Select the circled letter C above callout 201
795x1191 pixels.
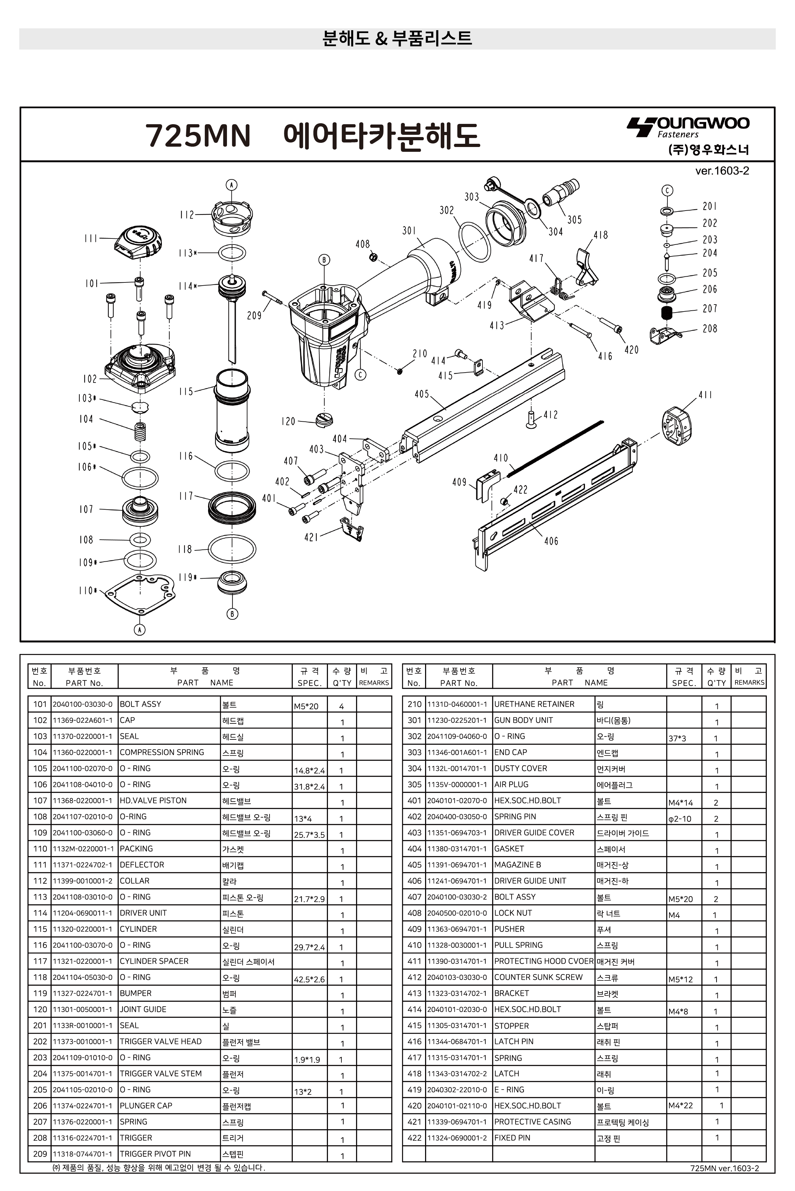(x=667, y=190)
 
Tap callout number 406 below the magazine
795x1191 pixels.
(x=551, y=541)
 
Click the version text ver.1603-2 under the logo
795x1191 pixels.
(x=722, y=171)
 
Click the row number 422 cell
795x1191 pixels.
(x=414, y=1138)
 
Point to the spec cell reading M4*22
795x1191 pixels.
(x=681, y=1105)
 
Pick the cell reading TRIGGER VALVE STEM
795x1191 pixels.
(x=161, y=1073)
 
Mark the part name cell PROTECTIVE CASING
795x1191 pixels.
(x=532, y=1121)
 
